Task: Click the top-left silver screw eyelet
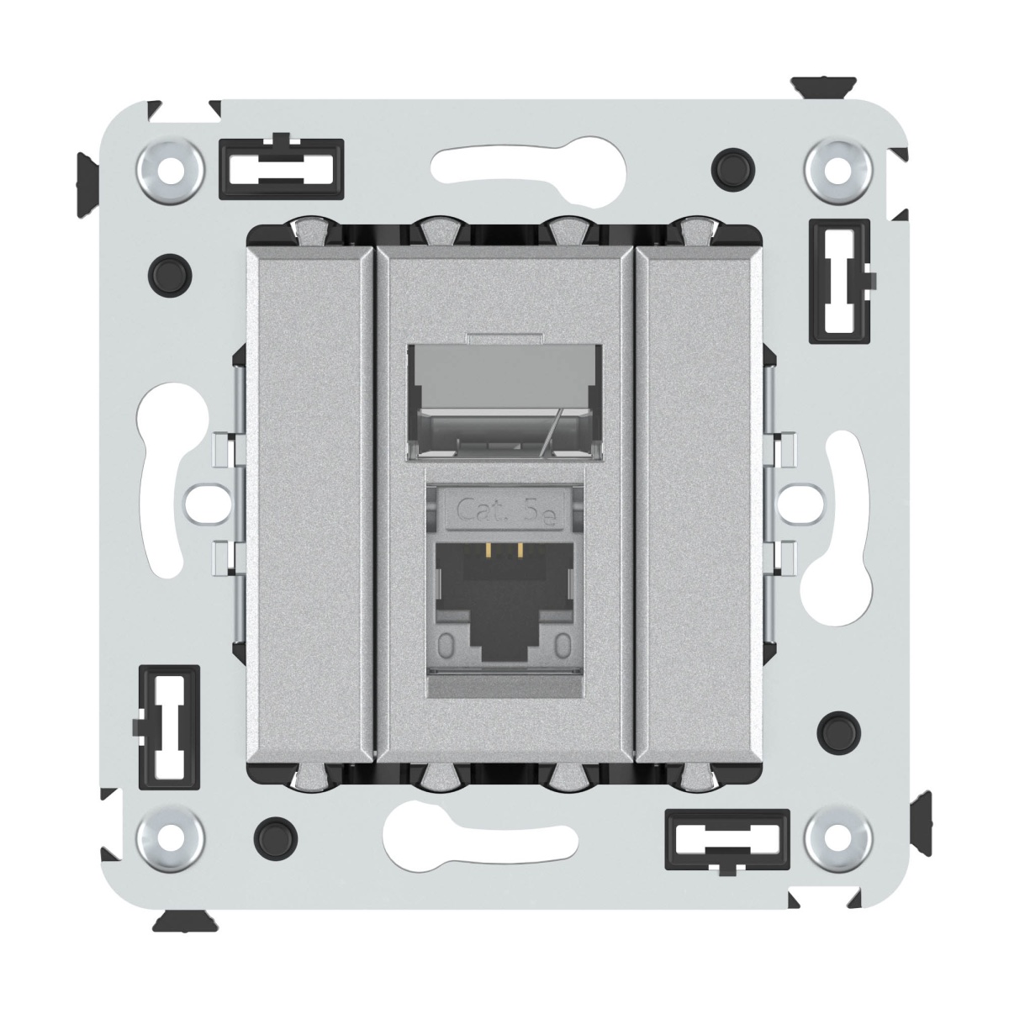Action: tap(169, 171)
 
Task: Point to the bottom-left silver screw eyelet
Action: tap(169, 839)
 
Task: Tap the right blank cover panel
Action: tap(699, 506)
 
